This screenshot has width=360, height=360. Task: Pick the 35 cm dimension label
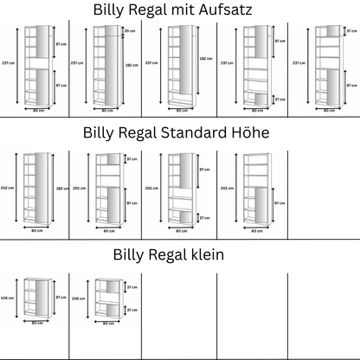[130, 30]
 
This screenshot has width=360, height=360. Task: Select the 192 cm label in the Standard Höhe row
[61, 188]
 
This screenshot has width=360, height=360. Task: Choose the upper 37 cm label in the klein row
[132, 286]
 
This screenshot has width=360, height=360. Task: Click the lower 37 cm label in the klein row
[132, 309]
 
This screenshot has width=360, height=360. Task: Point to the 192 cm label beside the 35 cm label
[130, 62]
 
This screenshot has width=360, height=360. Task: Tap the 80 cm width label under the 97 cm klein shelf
[36, 324]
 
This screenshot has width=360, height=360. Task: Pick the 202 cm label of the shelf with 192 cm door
[7, 188]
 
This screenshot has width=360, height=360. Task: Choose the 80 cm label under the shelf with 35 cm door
[107, 110]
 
